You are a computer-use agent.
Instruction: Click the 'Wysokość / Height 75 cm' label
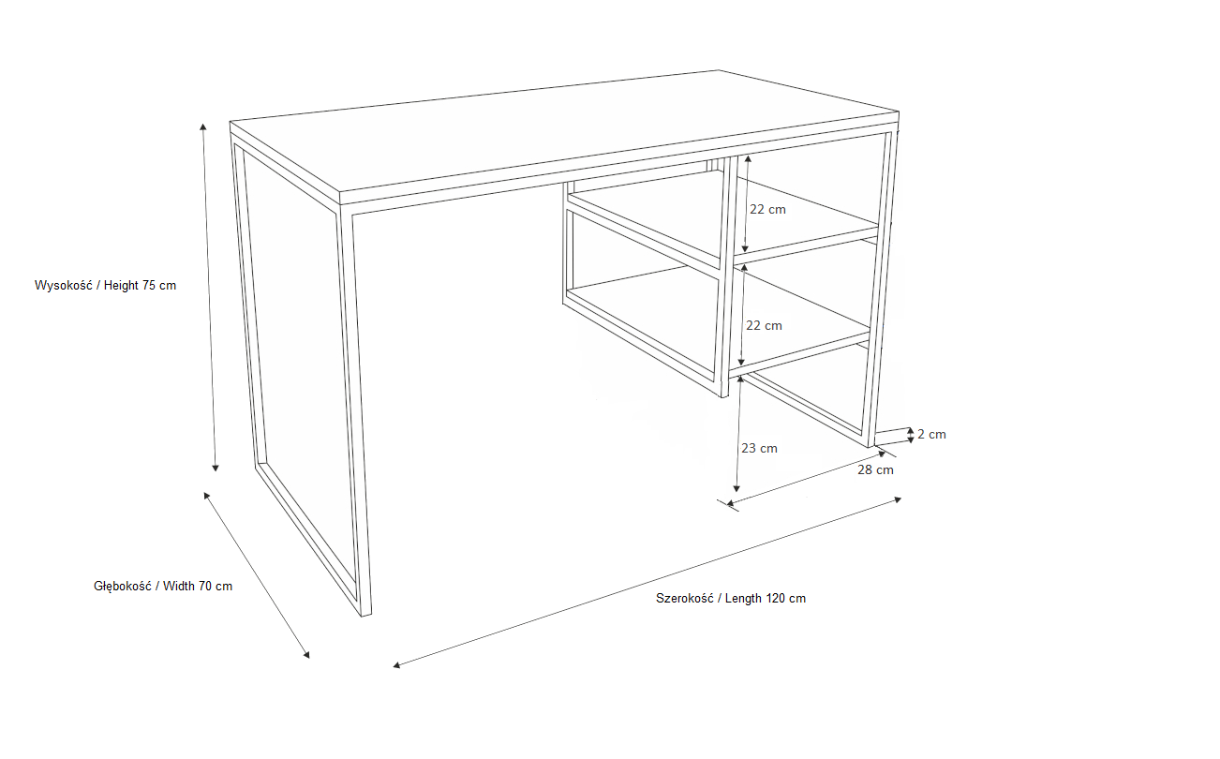[105, 285]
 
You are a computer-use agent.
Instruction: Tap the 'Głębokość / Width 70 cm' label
[163, 587]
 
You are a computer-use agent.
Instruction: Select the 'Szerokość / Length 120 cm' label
[730, 599]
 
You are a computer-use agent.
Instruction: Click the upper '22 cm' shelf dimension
[767, 210]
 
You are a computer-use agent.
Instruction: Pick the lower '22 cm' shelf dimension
[764, 325]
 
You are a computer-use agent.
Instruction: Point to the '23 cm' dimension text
[759, 448]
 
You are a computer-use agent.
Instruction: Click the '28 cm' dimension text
[875, 469]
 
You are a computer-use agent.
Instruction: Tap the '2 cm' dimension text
[931, 435]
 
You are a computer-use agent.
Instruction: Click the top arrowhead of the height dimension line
[203, 126]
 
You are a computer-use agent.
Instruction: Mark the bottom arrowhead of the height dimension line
[216, 469]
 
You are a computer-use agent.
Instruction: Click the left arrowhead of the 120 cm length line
[396, 664]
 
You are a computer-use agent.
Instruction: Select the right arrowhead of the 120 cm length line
[898, 499]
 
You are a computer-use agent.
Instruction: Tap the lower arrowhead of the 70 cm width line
[306, 655]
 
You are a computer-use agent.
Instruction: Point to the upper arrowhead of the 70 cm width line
[206, 495]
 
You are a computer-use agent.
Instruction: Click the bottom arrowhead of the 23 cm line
[736, 488]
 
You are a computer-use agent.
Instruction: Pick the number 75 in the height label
[149, 285]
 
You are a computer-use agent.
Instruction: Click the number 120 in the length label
[775, 599]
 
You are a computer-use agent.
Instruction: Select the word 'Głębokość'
[123, 587]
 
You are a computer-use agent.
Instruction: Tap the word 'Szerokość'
[685, 599]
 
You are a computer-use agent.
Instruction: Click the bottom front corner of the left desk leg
[363, 617]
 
